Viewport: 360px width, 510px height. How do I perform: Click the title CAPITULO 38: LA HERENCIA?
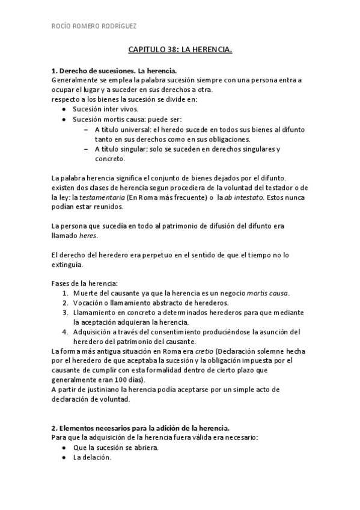(180, 52)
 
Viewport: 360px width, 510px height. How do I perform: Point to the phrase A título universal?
(123, 129)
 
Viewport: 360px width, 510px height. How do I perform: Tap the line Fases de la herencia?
(84, 283)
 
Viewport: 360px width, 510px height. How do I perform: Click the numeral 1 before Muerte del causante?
(66, 293)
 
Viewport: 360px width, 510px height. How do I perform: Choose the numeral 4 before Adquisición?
(66, 332)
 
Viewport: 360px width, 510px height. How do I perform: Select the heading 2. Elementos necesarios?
(141, 428)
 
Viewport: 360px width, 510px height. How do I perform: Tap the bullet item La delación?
(92, 457)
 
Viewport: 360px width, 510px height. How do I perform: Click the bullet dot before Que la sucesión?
(64, 447)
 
